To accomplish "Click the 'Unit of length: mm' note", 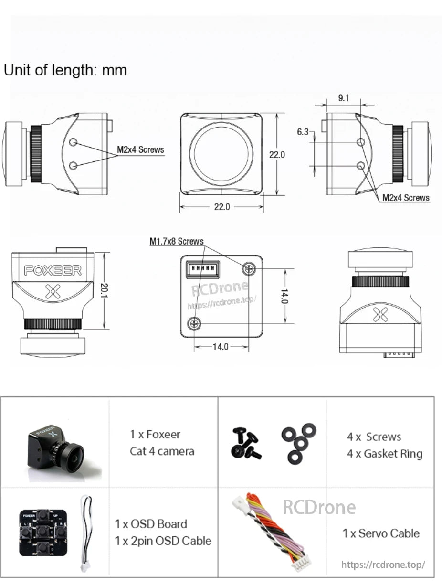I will [x=65, y=70].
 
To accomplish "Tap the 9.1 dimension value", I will [x=344, y=98].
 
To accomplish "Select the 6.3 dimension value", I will [x=303, y=132].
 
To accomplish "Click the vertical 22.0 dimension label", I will [x=277, y=155].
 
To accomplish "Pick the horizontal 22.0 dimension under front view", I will [x=222, y=207].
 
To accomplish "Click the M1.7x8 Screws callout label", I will [x=177, y=242].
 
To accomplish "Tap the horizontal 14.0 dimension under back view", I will [x=220, y=346].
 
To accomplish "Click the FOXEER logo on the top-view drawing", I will [x=53, y=270].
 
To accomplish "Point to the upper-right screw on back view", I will [x=248, y=269].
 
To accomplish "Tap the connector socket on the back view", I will [x=202, y=268].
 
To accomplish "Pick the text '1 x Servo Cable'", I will [x=381, y=533].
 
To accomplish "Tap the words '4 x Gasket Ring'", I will [x=385, y=454].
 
